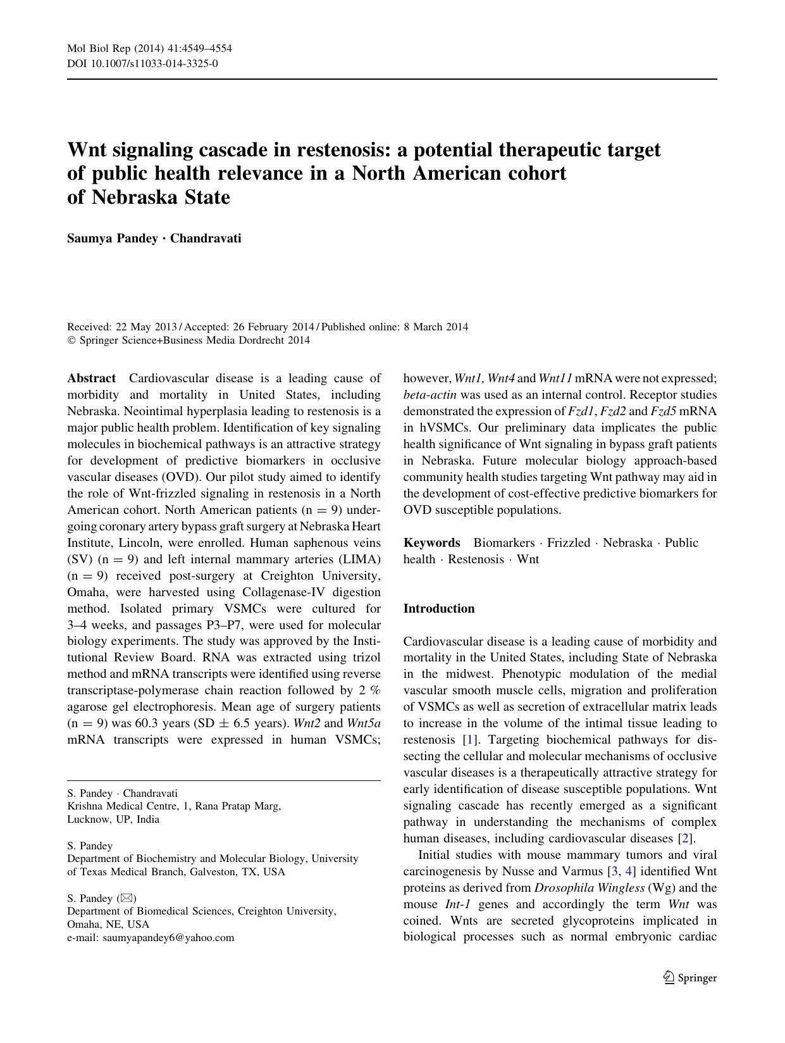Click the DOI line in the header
tap(142, 63)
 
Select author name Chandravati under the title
tap(206, 239)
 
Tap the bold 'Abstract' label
tap(92, 378)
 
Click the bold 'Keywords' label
tap(432, 542)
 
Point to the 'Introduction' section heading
tap(439, 608)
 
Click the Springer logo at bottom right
tap(689, 978)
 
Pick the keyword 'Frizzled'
tap(569, 542)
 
